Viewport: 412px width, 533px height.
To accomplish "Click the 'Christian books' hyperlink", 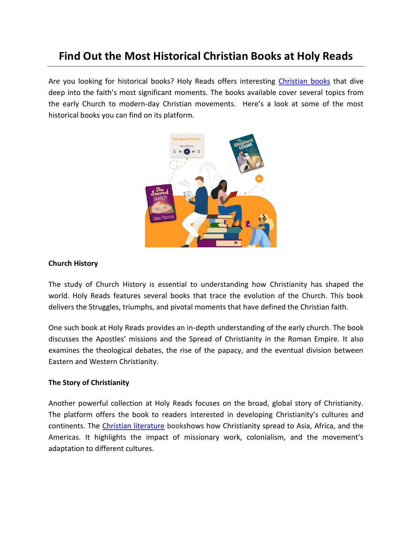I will (304, 81).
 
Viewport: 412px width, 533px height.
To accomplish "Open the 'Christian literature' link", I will (133, 426).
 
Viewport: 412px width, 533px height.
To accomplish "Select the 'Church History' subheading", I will (73, 264).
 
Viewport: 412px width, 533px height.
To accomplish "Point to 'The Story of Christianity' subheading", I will (89, 383).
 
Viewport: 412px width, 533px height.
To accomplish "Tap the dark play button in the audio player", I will (187, 152).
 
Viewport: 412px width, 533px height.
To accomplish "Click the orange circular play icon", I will (259, 178).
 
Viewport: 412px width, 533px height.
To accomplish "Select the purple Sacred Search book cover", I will (161, 203).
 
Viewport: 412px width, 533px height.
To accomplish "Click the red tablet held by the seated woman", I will (233, 194).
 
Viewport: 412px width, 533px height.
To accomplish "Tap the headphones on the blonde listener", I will (264, 218).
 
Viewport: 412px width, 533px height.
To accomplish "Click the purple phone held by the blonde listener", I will (248, 223).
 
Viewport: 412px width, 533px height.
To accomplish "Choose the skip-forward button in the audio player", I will (194, 152).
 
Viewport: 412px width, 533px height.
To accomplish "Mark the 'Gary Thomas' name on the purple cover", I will (164, 218).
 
